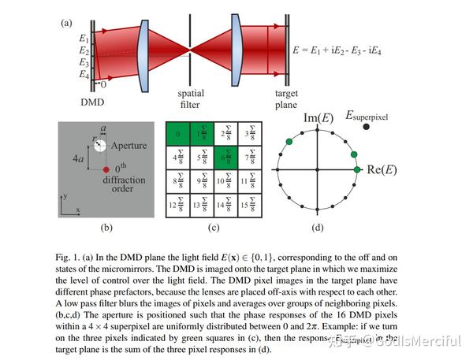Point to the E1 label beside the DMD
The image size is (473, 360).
84,38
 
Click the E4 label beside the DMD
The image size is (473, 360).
84,75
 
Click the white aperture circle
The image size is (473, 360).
103,148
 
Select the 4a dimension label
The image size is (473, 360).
77,159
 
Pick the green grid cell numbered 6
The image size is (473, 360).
225,158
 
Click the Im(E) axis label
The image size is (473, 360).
318,118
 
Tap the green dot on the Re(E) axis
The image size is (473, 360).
356,169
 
